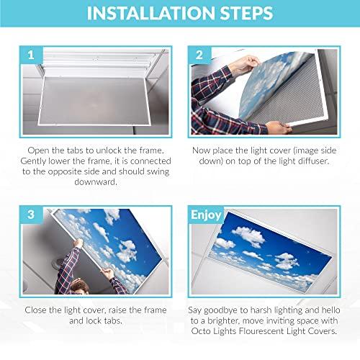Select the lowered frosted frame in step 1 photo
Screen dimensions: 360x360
94,94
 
